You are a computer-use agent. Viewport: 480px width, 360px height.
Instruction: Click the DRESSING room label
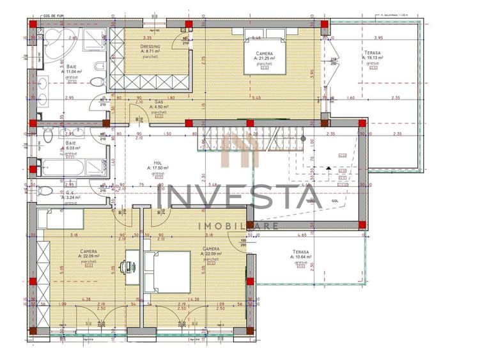pos(150,46)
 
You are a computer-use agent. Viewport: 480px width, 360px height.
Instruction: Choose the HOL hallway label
pos(158,162)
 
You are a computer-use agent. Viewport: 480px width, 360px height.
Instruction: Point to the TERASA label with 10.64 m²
pos(301,252)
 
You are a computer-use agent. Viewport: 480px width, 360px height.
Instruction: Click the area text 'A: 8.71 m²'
pos(151,52)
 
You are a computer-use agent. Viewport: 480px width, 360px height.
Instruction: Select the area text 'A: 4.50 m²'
pos(159,107)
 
